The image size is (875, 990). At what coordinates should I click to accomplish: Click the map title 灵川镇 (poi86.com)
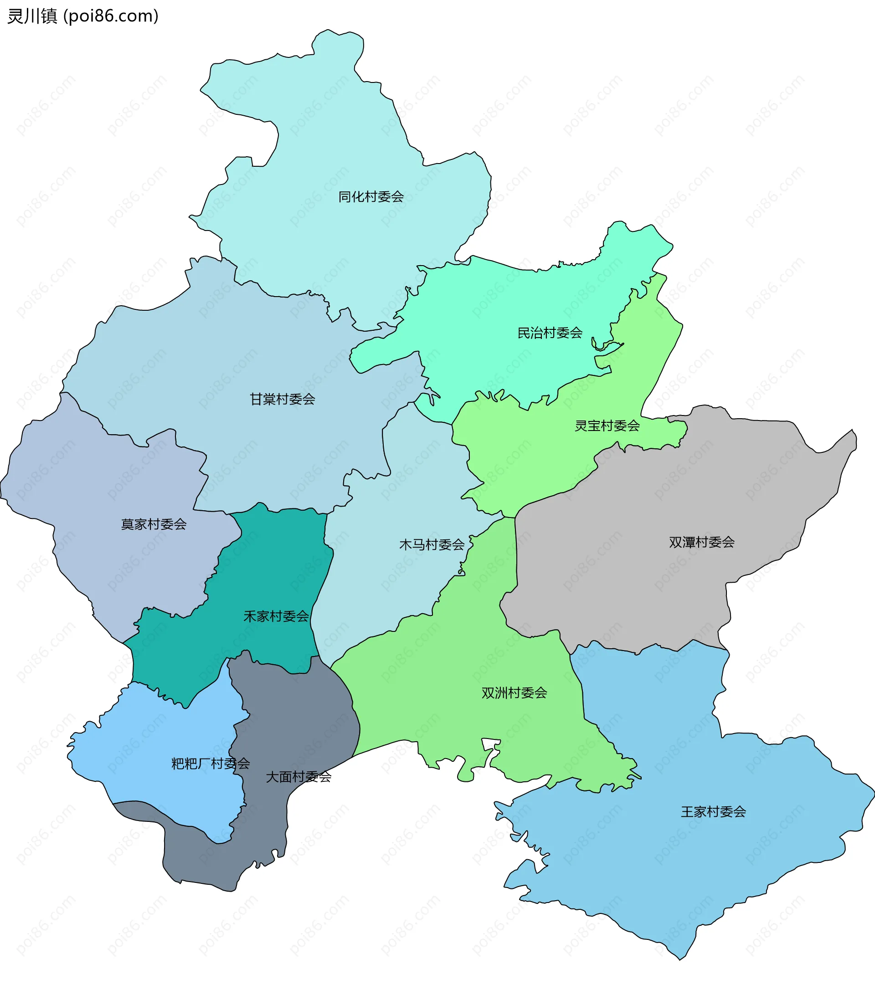click(83, 16)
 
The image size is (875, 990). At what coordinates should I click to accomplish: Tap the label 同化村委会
click(371, 197)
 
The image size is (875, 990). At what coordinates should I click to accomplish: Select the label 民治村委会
click(550, 333)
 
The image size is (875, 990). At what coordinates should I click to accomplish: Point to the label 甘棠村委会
click(283, 399)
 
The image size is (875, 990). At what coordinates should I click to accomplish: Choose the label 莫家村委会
click(154, 524)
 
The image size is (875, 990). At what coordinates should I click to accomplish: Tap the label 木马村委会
click(432, 545)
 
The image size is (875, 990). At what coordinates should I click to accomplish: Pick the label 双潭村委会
click(701, 542)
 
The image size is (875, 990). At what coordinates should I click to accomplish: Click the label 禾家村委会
click(276, 616)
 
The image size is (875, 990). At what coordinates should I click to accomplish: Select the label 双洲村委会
click(514, 693)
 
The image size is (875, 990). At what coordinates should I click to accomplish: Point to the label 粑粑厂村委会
click(210, 764)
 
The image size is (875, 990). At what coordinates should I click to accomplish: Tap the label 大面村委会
click(299, 777)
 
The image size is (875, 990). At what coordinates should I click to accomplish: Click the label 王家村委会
click(713, 812)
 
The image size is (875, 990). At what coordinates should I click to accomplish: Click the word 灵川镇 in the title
click(32, 16)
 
